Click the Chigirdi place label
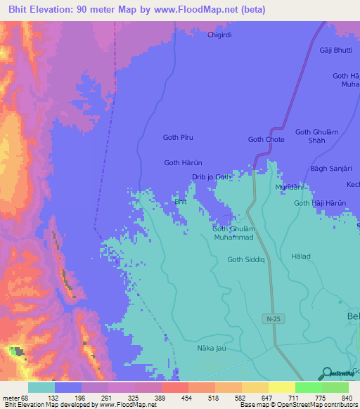[219, 34]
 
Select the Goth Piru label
[178, 138]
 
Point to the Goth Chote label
[266, 139]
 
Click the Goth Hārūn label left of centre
[183, 162]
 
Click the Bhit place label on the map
[180, 202]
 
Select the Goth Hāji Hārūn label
[320, 203]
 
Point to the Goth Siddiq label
[245, 259]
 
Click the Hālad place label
[300, 257]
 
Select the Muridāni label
[288, 188]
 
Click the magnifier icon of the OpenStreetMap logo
[326, 373]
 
